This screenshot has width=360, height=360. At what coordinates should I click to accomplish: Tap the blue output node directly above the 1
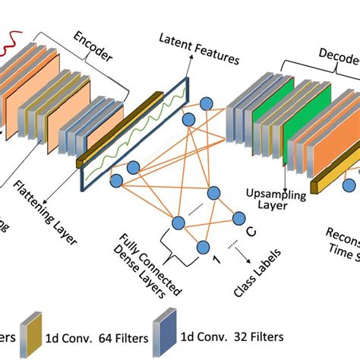pyautogui.click(x=203, y=245)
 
